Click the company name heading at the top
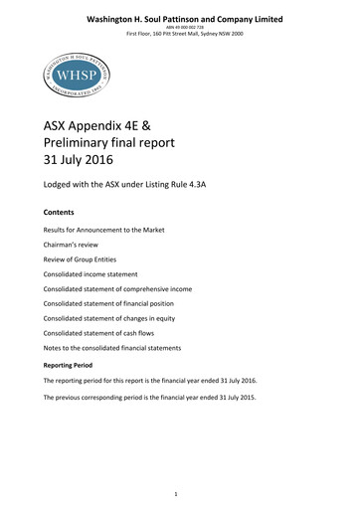pyautogui.click(x=184, y=19)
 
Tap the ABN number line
pyautogui.click(x=184, y=28)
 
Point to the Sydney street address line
pyautogui.click(x=184, y=35)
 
